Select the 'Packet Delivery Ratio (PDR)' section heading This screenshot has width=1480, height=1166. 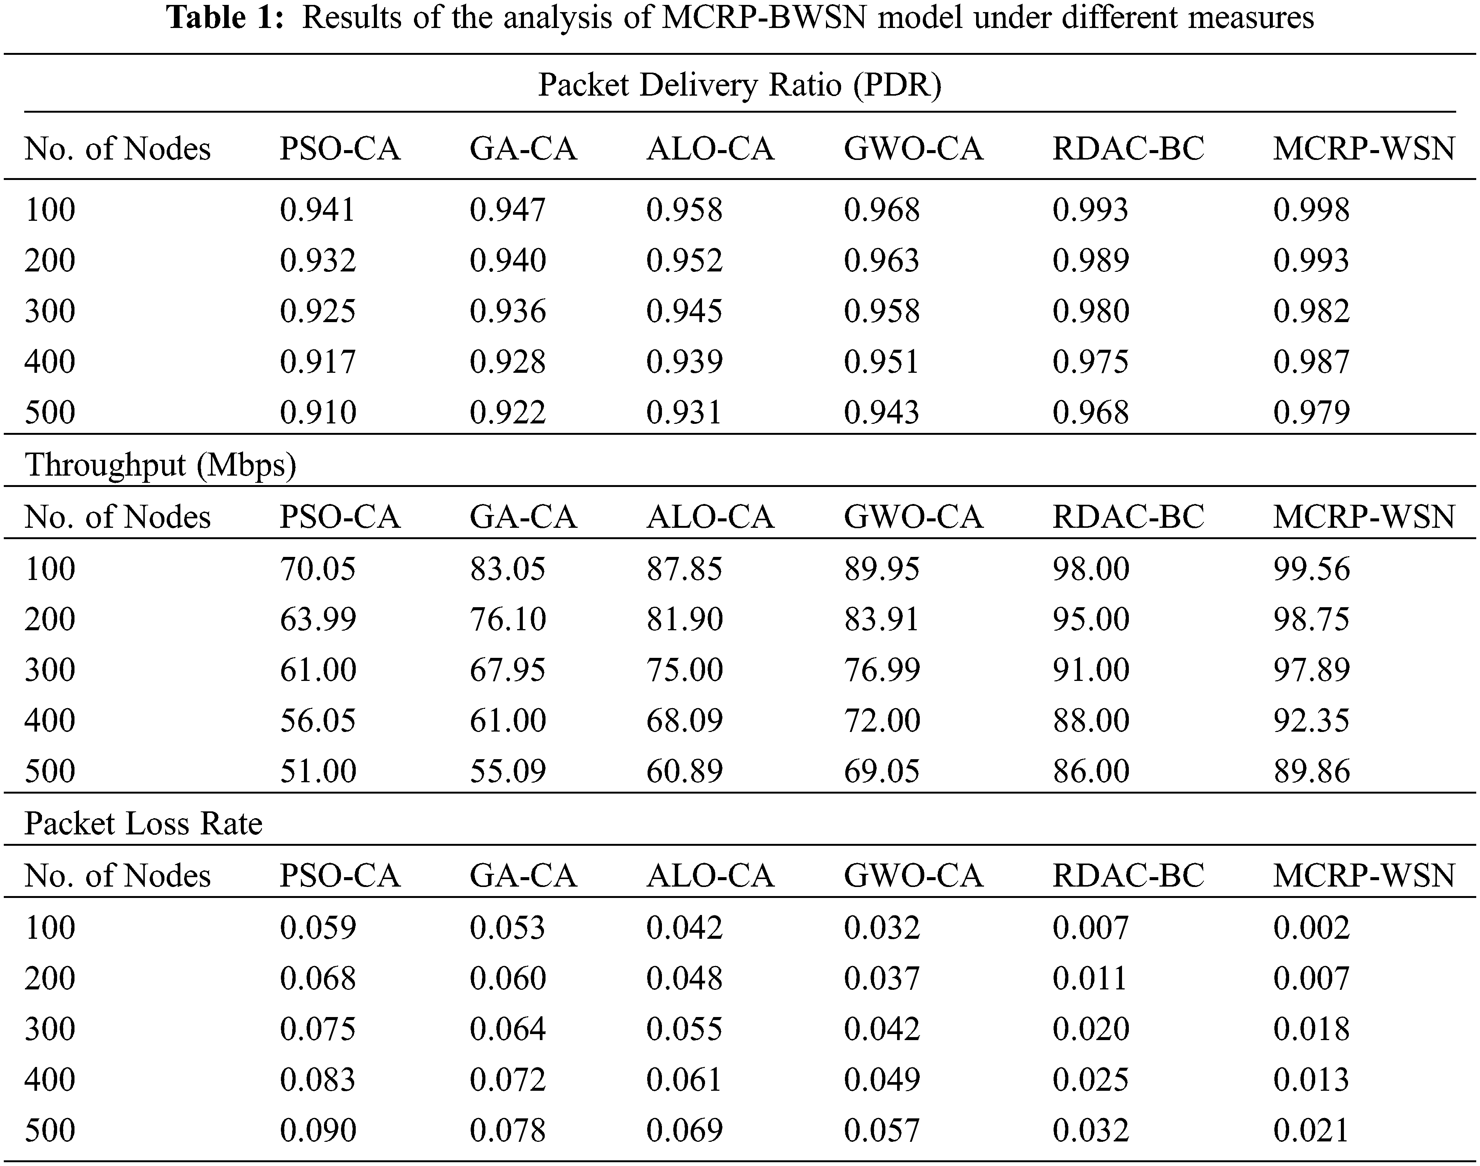pos(739,85)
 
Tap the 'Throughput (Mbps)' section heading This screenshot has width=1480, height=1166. pos(160,465)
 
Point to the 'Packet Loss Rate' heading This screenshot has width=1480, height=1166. pos(143,824)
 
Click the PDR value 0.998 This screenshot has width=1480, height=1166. pos(1311,209)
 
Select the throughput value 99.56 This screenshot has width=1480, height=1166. pos(1311,569)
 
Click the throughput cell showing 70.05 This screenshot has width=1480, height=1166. pos(318,569)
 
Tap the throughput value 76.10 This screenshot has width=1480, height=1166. pos(507,619)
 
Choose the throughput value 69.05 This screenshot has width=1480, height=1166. pos(881,771)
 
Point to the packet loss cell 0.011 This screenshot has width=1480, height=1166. pos(1089,978)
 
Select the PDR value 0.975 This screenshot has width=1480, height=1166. pos(1090,362)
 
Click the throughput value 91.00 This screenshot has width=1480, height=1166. pos(1090,670)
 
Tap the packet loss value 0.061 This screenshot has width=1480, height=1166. pos(684,1080)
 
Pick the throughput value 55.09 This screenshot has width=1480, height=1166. pos(507,771)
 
